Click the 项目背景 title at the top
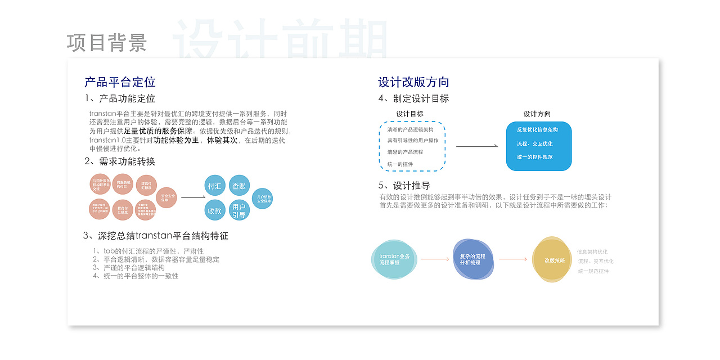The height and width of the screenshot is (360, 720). [x=107, y=43]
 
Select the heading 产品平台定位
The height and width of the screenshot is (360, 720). [x=120, y=82]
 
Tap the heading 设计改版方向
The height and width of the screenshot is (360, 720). [x=413, y=82]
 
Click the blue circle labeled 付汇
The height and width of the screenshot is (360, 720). [x=214, y=186]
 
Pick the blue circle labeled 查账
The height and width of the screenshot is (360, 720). [x=239, y=186]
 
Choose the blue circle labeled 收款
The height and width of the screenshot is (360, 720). [x=214, y=210]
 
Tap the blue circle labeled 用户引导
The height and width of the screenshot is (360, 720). [x=239, y=210]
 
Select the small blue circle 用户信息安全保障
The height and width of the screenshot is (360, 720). [x=263, y=199]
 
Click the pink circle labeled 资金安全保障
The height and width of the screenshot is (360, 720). [x=166, y=197]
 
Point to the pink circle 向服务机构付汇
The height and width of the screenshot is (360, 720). [x=123, y=184]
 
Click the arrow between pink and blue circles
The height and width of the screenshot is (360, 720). [x=193, y=197]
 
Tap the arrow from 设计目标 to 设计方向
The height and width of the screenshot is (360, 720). [x=477, y=146]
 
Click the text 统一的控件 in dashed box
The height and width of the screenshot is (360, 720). [x=400, y=164]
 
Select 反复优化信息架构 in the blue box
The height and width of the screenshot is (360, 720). [x=538, y=130]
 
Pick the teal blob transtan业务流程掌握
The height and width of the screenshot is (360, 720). [x=394, y=259]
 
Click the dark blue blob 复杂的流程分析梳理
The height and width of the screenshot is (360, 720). [x=472, y=259]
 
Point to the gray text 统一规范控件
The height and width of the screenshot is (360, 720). [x=593, y=271]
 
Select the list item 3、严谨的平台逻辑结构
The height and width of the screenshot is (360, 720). [x=129, y=268]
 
